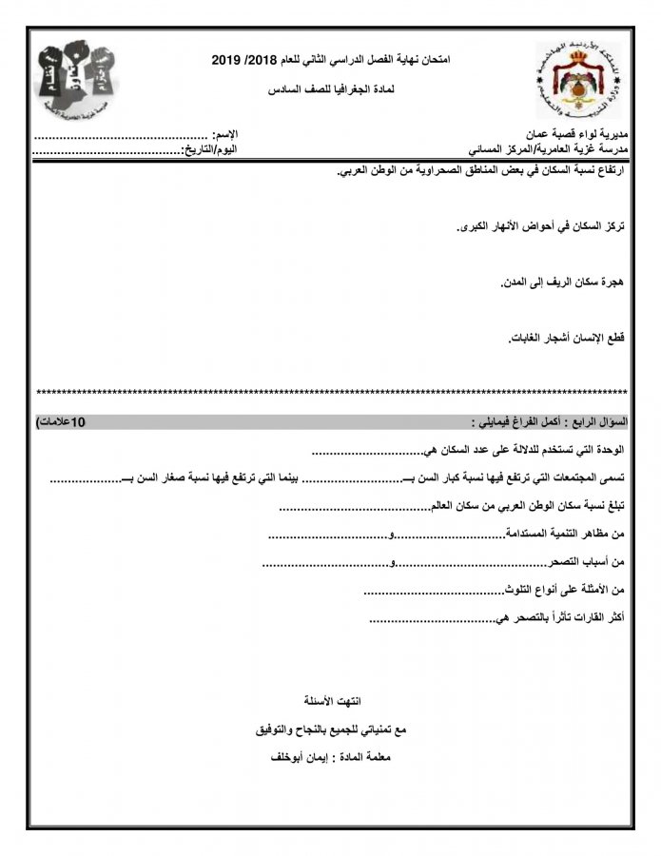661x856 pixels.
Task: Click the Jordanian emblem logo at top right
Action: pyautogui.click(x=572, y=82)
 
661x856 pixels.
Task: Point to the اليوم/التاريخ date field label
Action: pyautogui.click(x=210, y=150)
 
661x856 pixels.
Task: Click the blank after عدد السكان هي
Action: pyautogui.click(x=366, y=453)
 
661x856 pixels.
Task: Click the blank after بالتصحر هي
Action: pyautogui.click(x=433, y=619)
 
